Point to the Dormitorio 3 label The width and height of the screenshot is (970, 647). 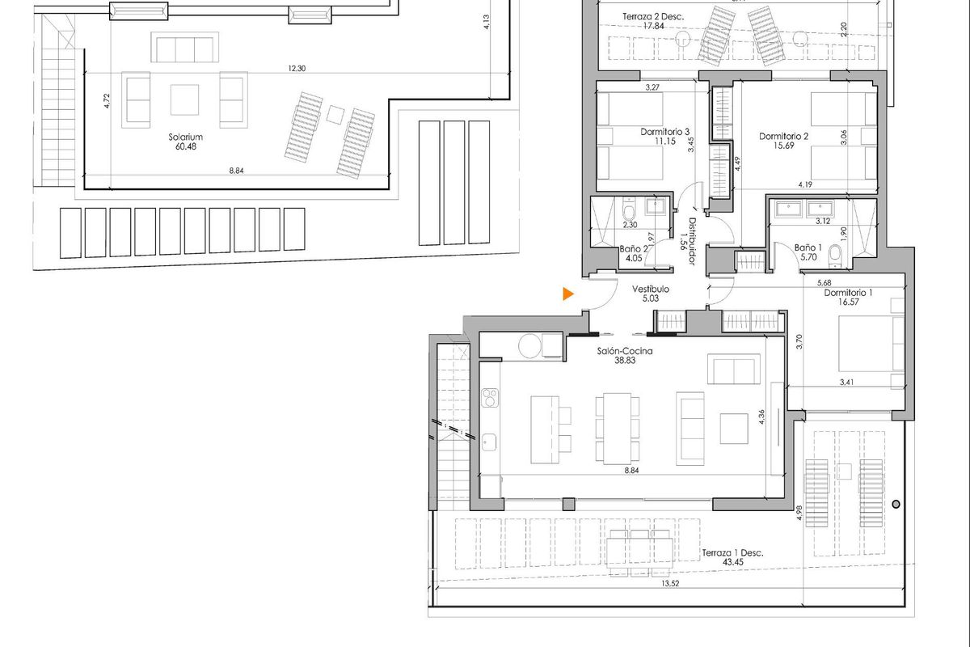(x=664, y=131)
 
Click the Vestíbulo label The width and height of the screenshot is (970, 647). (x=651, y=289)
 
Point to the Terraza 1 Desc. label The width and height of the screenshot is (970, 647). (x=732, y=553)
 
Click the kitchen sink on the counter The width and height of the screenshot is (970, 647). (x=489, y=441)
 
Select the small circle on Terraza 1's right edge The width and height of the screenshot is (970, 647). (x=896, y=505)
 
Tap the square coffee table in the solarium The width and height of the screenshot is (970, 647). (x=184, y=100)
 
